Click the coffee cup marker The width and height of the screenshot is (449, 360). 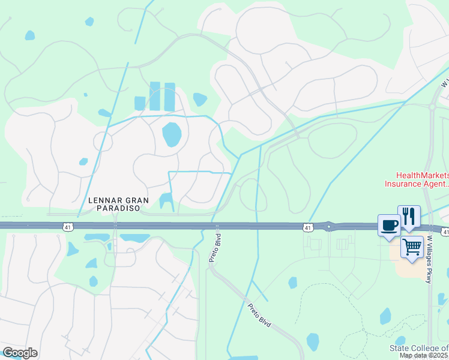(x=389, y=226)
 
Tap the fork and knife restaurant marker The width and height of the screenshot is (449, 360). (x=409, y=216)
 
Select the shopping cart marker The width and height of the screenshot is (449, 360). (x=412, y=246)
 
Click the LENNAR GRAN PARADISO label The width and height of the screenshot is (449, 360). (x=114, y=205)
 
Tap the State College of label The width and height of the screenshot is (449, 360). (x=419, y=349)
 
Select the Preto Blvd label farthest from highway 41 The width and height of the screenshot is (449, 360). (x=259, y=314)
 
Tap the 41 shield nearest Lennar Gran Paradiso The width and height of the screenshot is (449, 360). (x=68, y=227)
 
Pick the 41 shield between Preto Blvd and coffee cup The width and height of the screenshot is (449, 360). (x=307, y=227)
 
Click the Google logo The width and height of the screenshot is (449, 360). (x=20, y=353)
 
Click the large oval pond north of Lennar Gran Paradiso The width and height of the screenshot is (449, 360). (x=172, y=134)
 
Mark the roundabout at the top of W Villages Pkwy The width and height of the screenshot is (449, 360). (x=432, y=107)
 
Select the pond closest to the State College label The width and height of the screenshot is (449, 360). (x=385, y=316)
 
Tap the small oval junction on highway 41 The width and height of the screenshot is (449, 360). (x=330, y=226)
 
